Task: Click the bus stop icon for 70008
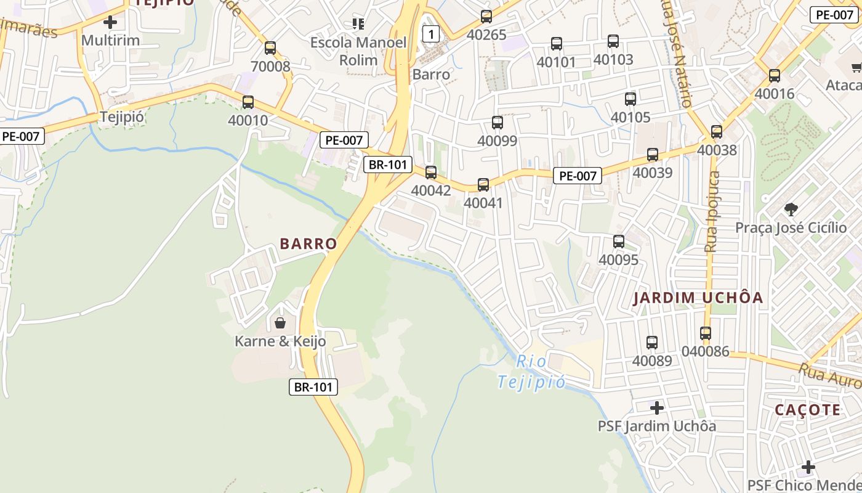pos(270,48)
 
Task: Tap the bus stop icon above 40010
pos(248,102)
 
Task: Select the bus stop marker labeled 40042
pos(431,173)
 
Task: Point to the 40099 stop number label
pos(497,141)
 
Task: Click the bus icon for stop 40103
pos(613,41)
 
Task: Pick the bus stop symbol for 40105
pos(630,99)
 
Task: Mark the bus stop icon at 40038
pos(717,132)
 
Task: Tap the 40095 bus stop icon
pos(619,242)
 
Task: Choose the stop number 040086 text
pos(705,351)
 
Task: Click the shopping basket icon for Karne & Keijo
pos(280,323)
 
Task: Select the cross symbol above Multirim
pos(110,23)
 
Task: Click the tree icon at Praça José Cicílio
pos(791,210)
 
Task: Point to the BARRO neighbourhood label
pos(308,244)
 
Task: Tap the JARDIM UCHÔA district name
pos(698,298)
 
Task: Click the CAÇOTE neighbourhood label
pos(807,410)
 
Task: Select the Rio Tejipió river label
pos(531,372)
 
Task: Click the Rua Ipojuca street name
pos(712,211)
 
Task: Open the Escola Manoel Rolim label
pos(358,51)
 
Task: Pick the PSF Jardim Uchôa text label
pos(657,426)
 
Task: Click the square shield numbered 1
pos(432,35)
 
